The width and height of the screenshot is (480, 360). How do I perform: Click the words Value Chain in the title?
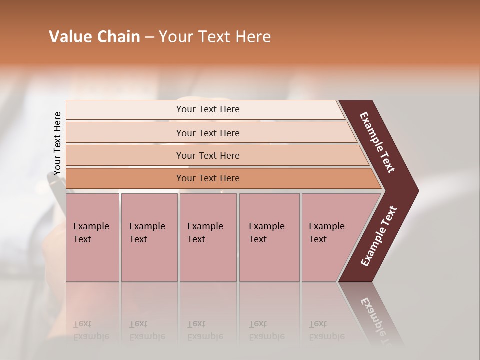click(x=94, y=37)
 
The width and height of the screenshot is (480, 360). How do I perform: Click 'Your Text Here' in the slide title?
click(x=215, y=37)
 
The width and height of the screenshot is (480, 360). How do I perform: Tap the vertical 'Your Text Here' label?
click(x=57, y=144)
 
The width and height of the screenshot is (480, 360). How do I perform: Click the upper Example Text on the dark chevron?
click(x=377, y=142)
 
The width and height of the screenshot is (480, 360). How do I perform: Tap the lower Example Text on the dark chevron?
click(x=379, y=236)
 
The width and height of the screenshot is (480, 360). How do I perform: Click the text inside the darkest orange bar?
click(x=208, y=178)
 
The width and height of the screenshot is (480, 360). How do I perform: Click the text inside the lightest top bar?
click(x=208, y=109)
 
